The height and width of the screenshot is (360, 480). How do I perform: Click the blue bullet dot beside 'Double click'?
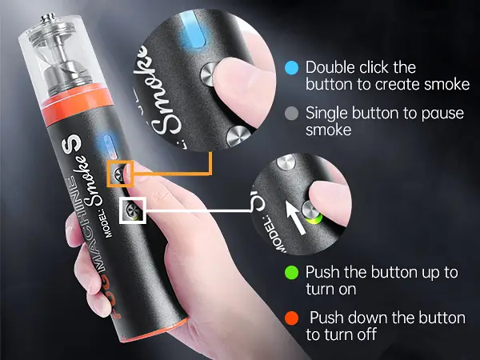pos(292,68)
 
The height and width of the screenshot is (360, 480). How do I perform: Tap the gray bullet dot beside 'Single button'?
pos(292,113)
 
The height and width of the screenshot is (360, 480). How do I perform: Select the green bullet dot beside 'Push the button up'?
pos(292,272)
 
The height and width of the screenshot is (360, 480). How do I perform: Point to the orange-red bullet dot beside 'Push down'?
pos(292,318)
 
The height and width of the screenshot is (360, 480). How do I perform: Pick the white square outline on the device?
pos(133,211)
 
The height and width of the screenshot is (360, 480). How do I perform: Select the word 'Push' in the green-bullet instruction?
pos(322,272)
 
